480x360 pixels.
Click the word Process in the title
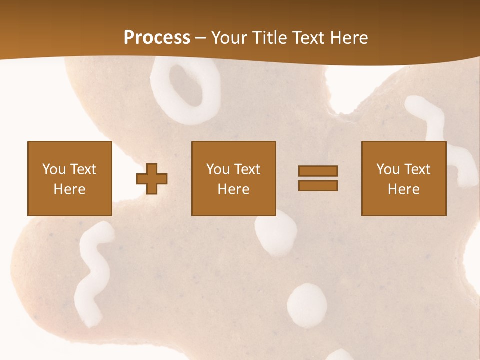tap(157, 38)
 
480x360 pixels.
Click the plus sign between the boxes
tap(152, 178)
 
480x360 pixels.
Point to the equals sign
tap(318, 178)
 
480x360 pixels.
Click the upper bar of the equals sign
tap(318, 171)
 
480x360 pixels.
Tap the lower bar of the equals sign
tap(318, 185)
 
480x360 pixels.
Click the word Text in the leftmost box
tap(83, 169)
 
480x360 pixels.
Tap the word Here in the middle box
tap(233, 189)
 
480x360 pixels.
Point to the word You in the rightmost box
tap(388, 169)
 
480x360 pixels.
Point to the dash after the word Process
tap(200, 38)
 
